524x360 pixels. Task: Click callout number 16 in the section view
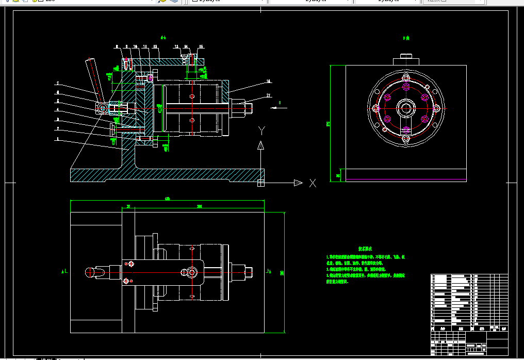click(268, 81)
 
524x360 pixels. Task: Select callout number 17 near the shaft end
click(269, 95)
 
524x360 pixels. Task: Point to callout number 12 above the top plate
click(176, 46)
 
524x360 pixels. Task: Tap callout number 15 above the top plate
click(201, 46)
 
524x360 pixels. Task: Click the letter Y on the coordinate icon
click(261, 129)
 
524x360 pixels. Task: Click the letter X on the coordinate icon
click(313, 183)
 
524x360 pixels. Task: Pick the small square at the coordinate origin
click(260, 182)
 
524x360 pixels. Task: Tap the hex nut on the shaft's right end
click(247, 108)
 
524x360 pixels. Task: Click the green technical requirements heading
click(366, 249)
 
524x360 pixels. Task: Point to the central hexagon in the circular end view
click(406, 109)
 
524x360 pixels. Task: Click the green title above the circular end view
click(405, 38)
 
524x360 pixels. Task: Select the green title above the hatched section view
click(163, 38)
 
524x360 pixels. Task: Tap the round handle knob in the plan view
click(90, 271)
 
